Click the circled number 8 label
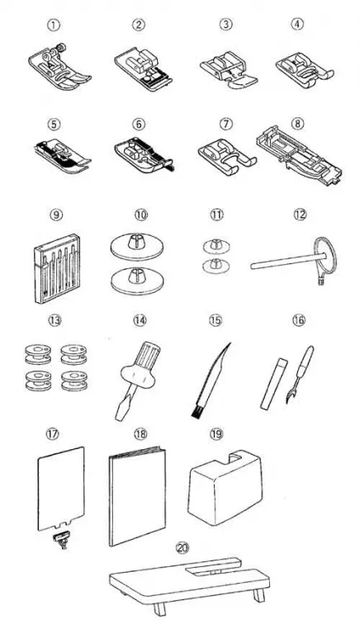pos(298,123)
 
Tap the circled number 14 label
pos(140,319)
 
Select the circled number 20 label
pos(182,548)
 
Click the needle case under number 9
pos(57,268)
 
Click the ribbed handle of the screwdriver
pos(147,353)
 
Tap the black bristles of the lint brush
pos(197,412)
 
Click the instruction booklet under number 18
pos(138,496)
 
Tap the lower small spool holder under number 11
pos(216,264)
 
